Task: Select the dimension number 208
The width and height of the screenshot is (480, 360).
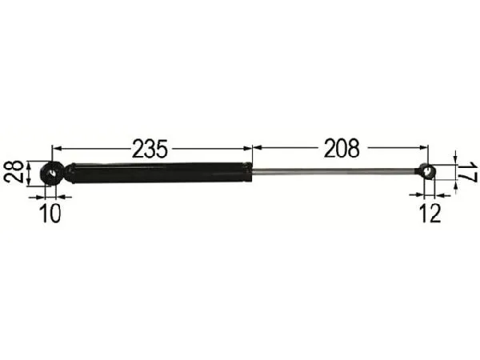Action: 341,148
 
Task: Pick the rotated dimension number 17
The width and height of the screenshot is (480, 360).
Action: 470,172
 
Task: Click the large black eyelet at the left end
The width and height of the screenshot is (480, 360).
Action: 52,171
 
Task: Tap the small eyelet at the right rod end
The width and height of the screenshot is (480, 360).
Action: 428,170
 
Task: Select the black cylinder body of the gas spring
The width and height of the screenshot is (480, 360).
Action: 160,170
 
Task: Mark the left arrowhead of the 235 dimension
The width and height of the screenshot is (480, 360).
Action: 56,148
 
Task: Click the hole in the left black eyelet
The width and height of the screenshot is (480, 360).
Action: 52,171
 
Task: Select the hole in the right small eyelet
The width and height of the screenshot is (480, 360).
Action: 429,170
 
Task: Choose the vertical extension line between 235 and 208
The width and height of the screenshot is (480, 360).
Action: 253,156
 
